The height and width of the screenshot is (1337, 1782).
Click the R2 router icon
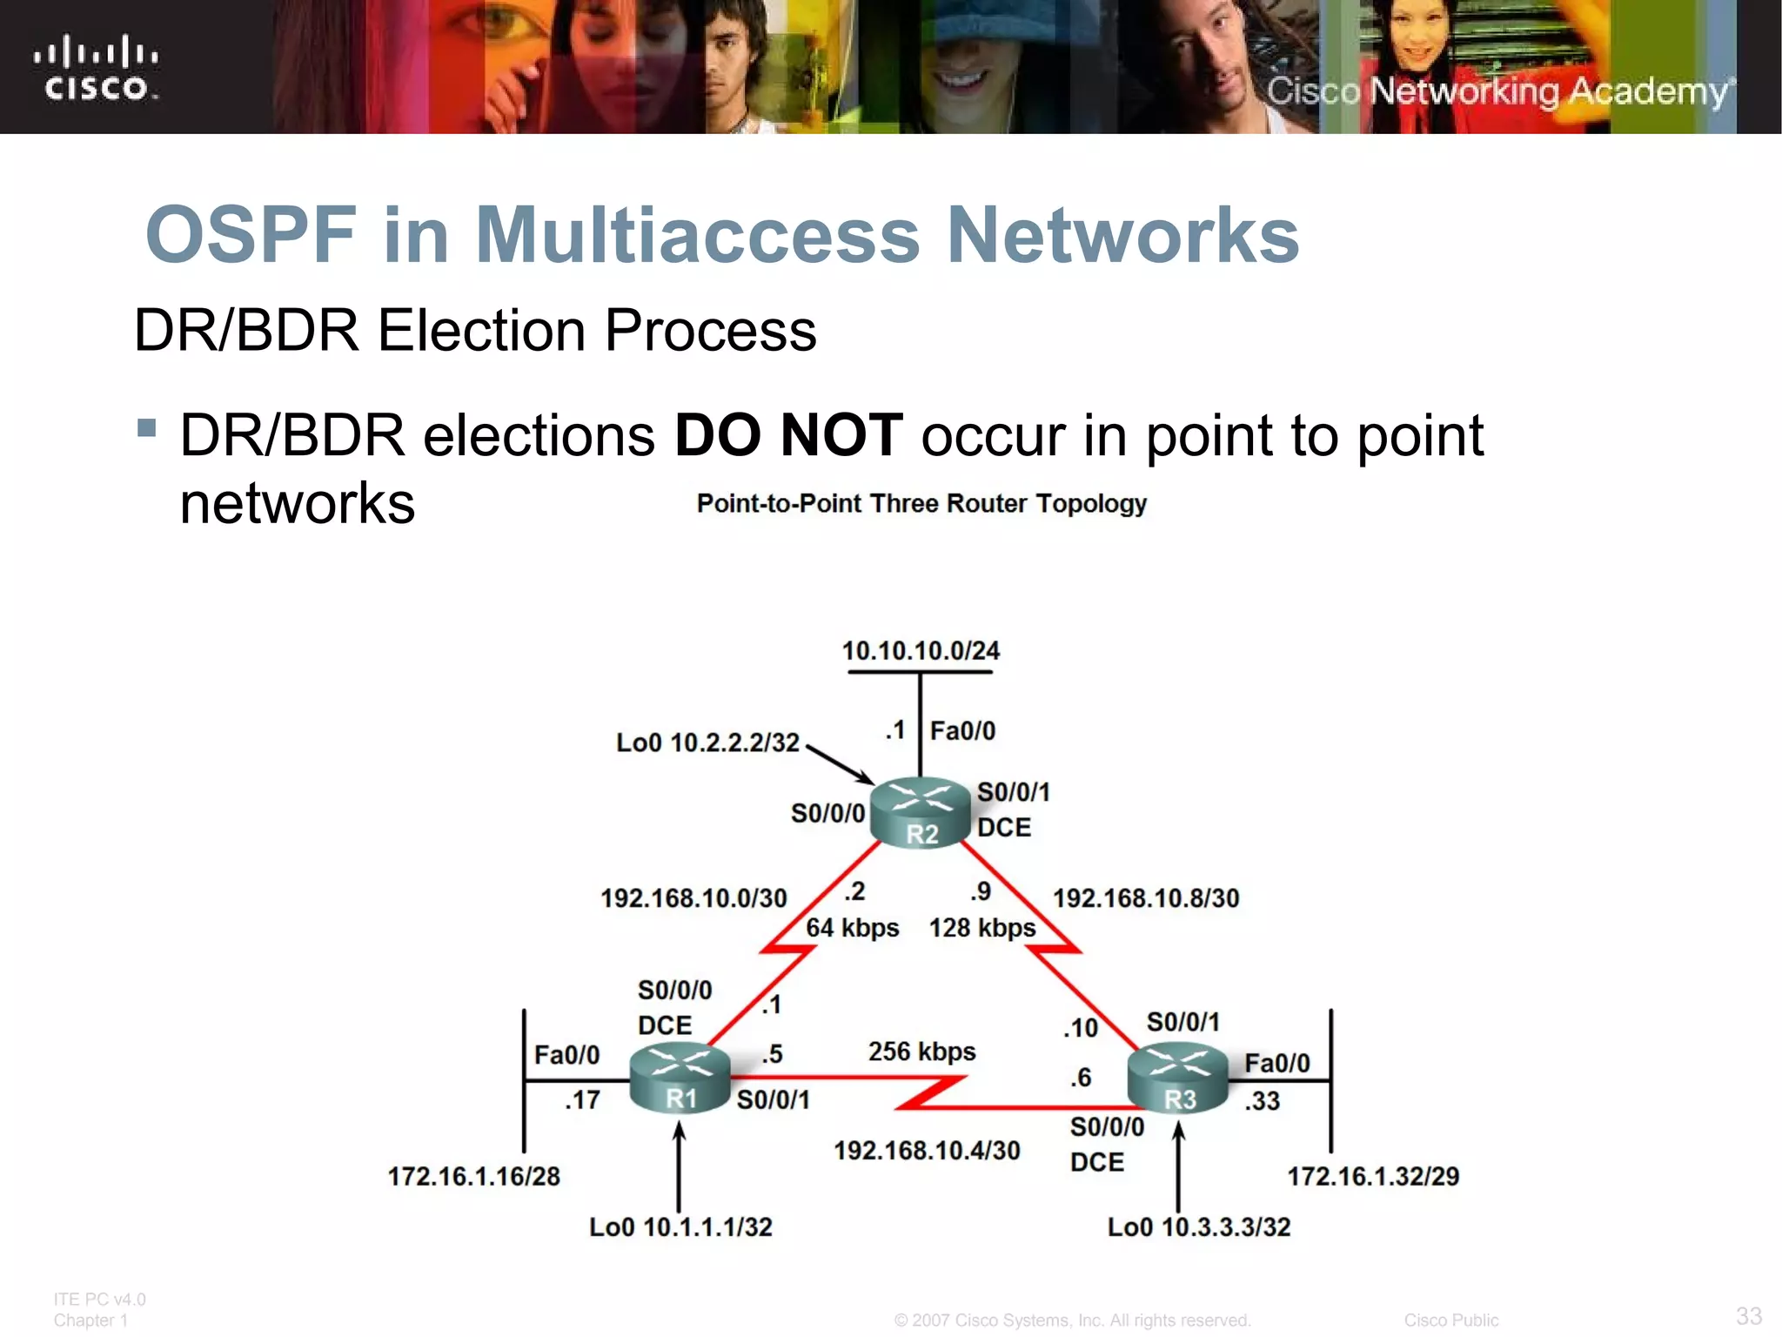(921, 811)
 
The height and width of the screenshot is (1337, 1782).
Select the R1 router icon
(680, 1078)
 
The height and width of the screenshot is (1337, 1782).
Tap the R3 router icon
(1177, 1080)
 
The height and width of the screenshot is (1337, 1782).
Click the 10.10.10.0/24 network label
(921, 650)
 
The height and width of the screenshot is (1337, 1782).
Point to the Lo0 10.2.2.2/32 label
(707, 742)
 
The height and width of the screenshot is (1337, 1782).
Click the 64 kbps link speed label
(852, 928)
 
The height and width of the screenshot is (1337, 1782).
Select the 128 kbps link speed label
(982, 928)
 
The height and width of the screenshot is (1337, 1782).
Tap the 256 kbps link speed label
(921, 1051)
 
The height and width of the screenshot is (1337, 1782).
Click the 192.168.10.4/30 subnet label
(927, 1151)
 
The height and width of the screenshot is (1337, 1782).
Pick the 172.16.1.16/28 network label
(473, 1177)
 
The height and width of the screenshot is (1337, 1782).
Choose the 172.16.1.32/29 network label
(1373, 1177)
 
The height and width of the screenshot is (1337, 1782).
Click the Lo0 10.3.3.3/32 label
(1199, 1227)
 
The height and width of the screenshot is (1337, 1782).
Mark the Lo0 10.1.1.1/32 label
(680, 1227)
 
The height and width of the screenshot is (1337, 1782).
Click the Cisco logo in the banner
(96, 68)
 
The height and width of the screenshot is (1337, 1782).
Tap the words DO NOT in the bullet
(788, 435)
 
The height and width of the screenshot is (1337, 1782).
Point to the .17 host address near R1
(582, 1100)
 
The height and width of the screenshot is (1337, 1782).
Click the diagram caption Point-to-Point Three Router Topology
(921, 504)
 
